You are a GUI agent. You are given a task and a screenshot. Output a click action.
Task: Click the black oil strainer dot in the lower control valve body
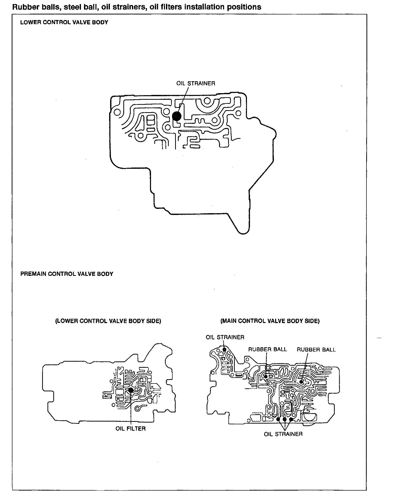click(x=176, y=116)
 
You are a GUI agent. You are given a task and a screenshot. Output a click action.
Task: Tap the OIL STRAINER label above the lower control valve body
click(x=196, y=83)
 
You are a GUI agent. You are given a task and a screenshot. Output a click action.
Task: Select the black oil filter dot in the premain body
click(x=131, y=390)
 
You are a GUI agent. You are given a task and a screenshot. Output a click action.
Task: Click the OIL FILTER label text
click(x=130, y=429)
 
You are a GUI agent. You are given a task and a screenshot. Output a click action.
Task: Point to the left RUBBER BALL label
click(x=267, y=349)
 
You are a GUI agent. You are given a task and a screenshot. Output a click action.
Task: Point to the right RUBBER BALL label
click(x=316, y=350)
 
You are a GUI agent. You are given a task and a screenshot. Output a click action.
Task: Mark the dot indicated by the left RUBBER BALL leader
click(x=265, y=377)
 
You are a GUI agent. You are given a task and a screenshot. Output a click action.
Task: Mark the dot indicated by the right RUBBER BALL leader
click(x=301, y=381)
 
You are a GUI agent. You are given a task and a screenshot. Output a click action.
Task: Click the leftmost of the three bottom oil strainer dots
click(x=278, y=419)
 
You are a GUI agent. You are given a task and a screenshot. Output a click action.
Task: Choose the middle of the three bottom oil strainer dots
click(x=284, y=420)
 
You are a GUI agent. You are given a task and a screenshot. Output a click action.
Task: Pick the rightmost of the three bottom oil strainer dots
click(x=291, y=419)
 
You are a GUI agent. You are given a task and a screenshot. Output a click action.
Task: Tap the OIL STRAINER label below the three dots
click(x=283, y=434)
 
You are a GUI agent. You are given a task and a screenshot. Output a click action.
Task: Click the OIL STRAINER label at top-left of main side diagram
click(x=225, y=337)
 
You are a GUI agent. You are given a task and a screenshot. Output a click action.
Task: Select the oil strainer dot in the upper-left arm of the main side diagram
click(x=224, y=349)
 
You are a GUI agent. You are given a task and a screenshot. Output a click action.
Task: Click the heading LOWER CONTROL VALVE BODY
click(x=64, y=22)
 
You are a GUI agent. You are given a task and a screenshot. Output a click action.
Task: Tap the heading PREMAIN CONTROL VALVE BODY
click(x=67, y=274)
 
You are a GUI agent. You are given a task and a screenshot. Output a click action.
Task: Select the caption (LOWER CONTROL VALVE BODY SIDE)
click(x=108, y=321)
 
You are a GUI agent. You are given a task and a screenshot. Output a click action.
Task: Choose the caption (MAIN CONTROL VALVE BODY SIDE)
click(x=270, y=321)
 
